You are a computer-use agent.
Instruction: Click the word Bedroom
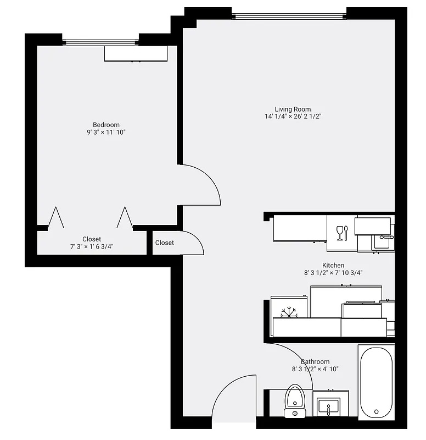[x=106, y=125]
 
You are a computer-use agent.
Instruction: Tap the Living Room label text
[x=293, y=109]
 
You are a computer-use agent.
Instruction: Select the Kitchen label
[x=333, y=265]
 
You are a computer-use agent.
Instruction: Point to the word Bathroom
[x=315, y=361]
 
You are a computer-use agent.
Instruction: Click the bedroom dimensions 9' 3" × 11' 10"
[x=106, y=133]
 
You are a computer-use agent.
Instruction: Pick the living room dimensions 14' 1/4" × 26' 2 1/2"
[x=293, y=117]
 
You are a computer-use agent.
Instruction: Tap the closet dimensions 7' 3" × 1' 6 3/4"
[x=92, y=247]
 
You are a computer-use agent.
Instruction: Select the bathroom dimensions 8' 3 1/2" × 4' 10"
[x=315, y=369]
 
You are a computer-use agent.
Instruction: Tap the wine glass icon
[x=340, y=232]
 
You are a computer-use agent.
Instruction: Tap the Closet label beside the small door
[x=164, y=243]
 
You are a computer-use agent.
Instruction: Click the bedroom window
[x=100, y=41]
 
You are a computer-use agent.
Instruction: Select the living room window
[x=289, y=15]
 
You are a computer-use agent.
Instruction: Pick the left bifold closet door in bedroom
[x=55, y=218]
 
